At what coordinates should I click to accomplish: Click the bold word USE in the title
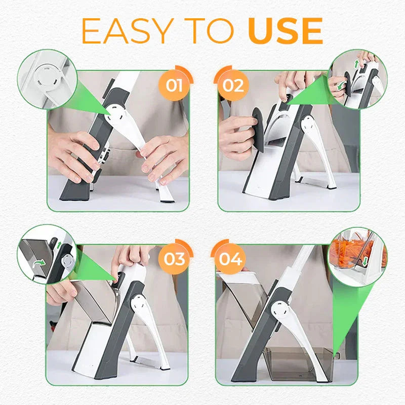286,31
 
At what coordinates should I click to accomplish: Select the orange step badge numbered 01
174,85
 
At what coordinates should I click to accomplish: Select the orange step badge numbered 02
233,85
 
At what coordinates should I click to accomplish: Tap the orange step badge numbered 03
174,259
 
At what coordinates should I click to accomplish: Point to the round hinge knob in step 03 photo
137,303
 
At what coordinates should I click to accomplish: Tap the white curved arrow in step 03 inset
37,262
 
